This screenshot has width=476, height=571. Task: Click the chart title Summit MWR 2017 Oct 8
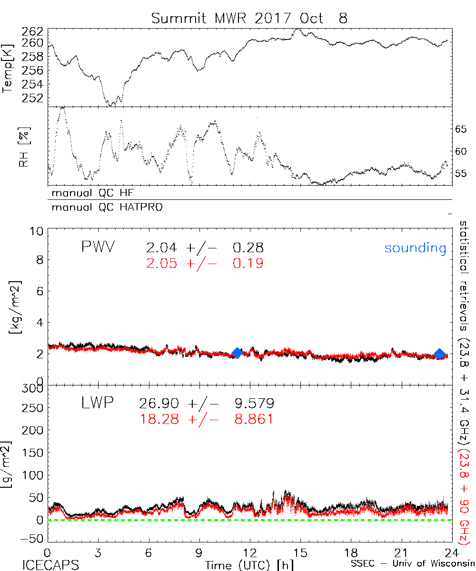[x=249, y=18]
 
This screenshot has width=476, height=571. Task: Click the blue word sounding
[x=415, y=248]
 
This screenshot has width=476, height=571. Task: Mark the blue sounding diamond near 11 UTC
[x=237, y=353]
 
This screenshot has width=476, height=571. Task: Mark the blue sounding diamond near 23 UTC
[x=439, y=354]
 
